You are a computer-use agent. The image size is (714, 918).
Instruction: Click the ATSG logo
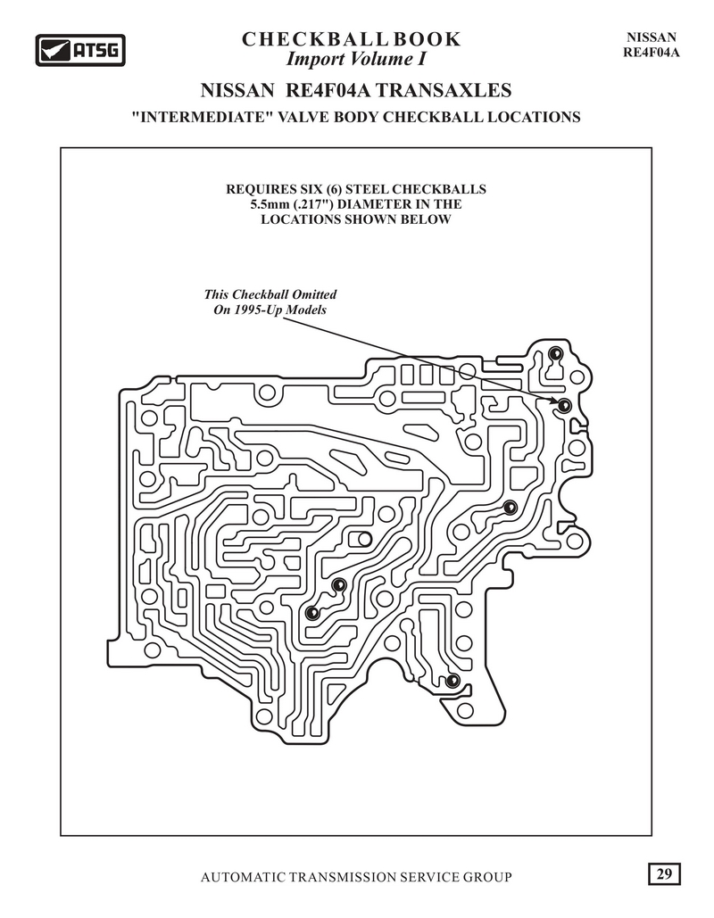[x=80, y=50]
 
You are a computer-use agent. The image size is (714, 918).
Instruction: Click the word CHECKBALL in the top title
[x=314, y=39]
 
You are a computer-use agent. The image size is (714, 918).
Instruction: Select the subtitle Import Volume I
[x=355, y=59]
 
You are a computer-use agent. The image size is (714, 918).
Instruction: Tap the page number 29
[x=664, y=874]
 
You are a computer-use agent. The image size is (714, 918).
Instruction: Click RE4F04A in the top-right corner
[x=651, y=52]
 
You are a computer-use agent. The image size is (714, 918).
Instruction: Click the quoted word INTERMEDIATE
[x=203, y=117]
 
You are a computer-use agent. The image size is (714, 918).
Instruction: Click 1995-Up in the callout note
[x=258, y=309]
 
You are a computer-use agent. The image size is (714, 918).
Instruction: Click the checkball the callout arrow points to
[x=563, y=405]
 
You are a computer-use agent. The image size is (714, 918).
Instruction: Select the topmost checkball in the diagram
[x=554, y=353]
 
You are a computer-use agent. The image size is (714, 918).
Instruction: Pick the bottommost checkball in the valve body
[x=452, y=681]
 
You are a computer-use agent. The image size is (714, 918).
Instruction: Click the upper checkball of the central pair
[x=338, y=584]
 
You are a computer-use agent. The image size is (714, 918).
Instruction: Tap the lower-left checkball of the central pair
[x=312, y=612]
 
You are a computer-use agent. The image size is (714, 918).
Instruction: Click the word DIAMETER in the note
[x=374, y=204]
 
